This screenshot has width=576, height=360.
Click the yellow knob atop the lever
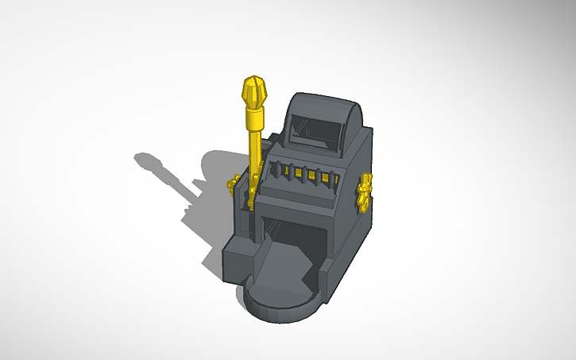255,91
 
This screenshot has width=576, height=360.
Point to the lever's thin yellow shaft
253,155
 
